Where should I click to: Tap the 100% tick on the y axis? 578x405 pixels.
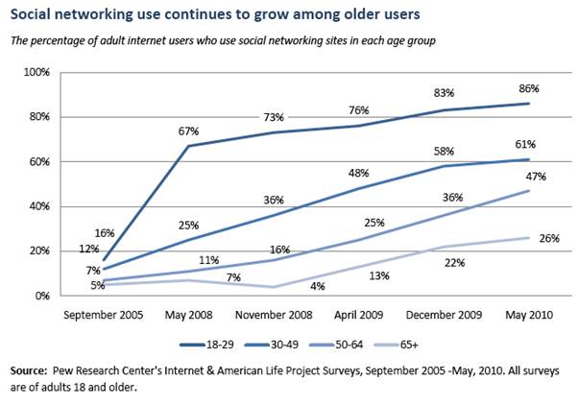(x=36, y=73)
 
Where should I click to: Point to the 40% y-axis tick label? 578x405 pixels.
(x=38, y=206)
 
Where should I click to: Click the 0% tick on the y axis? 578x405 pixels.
(x=42, y=296)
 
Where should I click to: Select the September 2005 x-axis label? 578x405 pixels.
(x=101, y=315)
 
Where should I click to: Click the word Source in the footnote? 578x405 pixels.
(x=30, y=369)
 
